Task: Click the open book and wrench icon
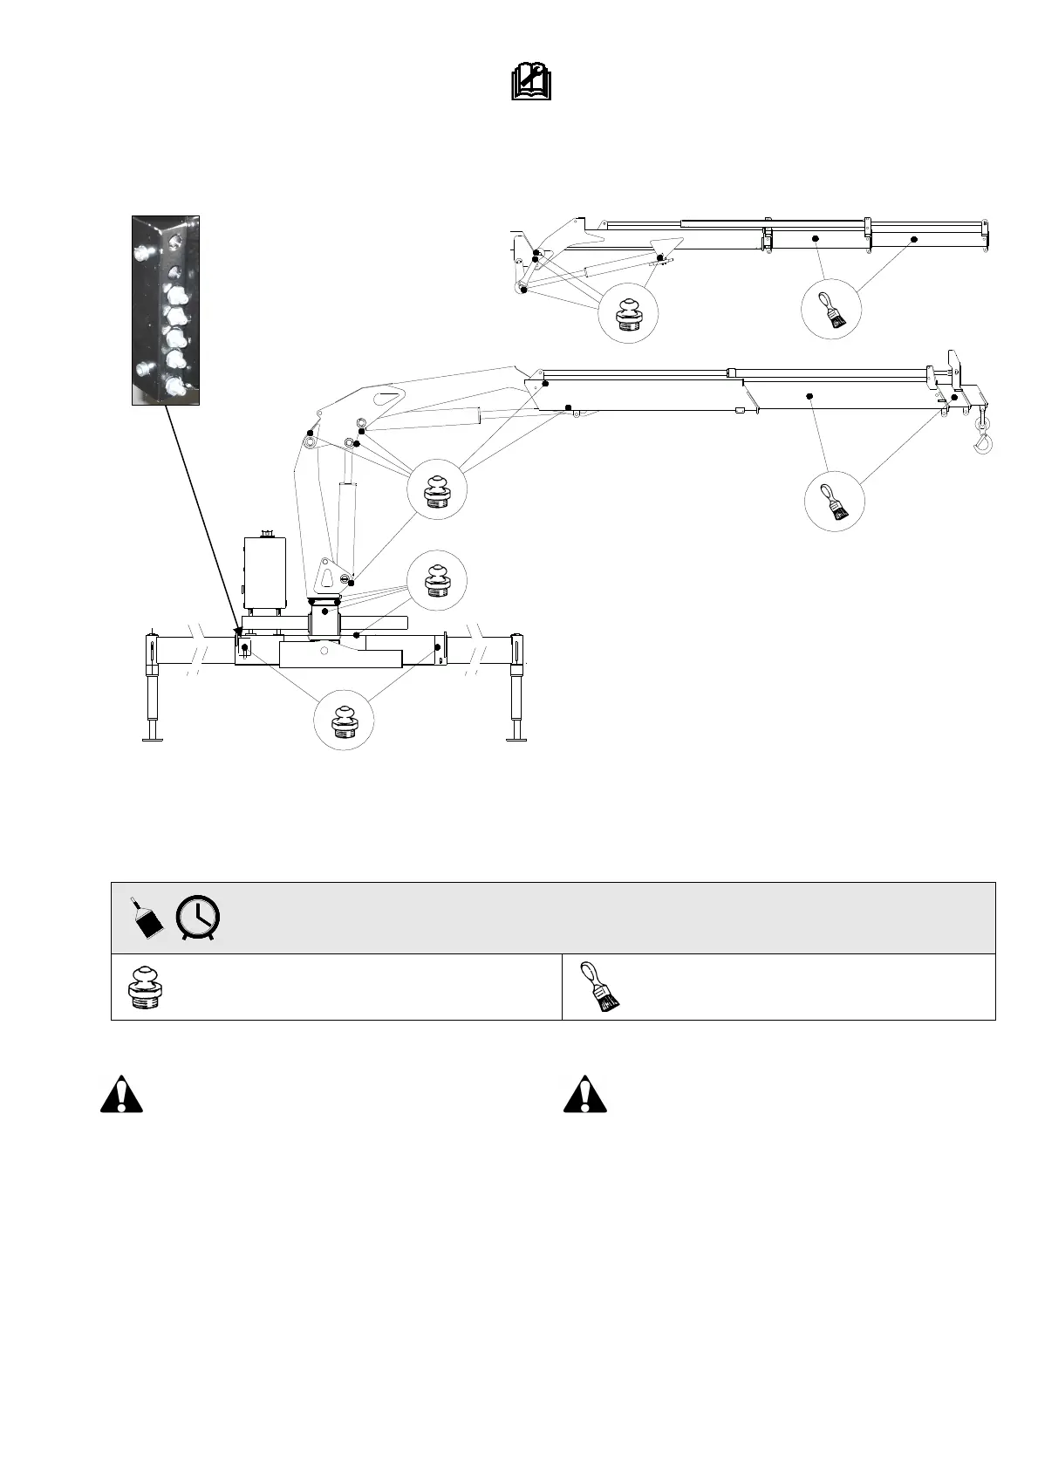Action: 530,83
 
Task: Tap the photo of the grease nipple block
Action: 166,310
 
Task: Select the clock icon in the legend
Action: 198,919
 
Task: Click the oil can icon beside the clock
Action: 147,919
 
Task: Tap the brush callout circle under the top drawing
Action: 831,309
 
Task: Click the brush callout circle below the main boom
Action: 834,501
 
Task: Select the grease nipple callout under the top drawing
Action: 629,314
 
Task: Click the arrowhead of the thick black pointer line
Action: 238,629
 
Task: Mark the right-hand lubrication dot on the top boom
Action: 914,238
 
